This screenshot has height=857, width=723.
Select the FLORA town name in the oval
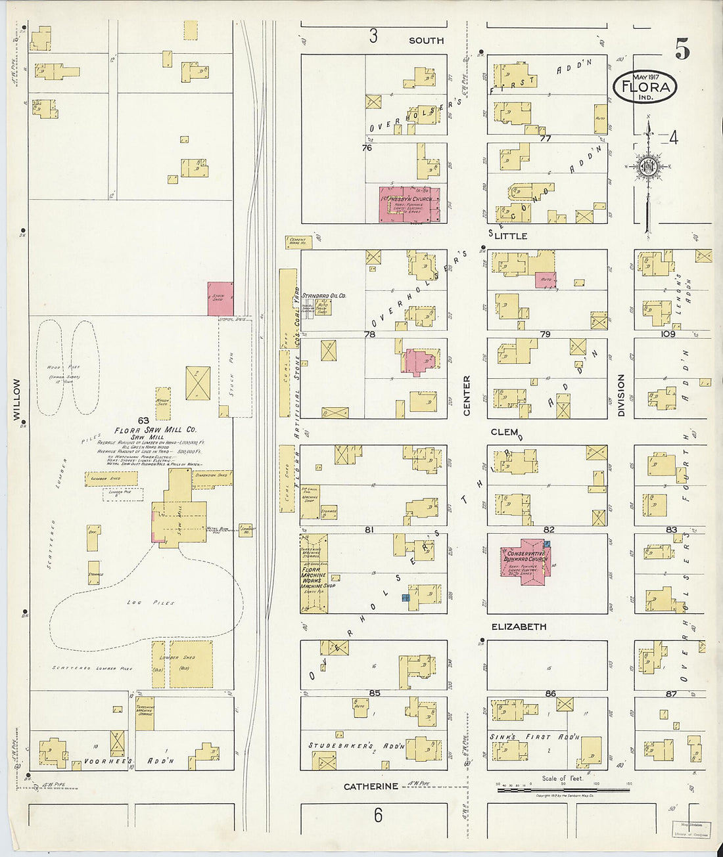pos(645,87)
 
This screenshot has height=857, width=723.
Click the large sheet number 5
pos(682,50)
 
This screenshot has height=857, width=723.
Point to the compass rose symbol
pos(647,166)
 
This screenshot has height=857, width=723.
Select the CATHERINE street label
pos(371,786)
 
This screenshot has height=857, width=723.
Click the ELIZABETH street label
pos(519,626)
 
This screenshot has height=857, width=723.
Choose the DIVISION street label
pos(620,395)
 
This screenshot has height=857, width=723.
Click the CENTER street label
pos(467,395)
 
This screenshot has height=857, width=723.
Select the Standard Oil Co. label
pos(323,296)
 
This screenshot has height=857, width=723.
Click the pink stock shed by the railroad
pos(220,299)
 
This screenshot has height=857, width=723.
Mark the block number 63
pos(143,420)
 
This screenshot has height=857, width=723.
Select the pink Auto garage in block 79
pos(545,280)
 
